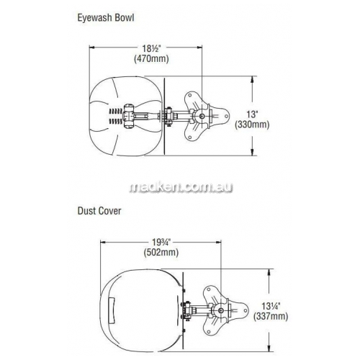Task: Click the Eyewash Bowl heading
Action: click(106, 18)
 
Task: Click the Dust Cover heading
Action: click(99, 211)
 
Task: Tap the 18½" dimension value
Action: click(151, 48)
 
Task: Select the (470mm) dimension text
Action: click(151, 58)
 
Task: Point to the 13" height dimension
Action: click(252, 114)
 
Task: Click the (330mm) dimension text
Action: click(252, 125)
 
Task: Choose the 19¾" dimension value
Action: click(161, 242)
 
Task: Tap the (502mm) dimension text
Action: click(161, 252)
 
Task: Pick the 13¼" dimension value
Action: click(271, 306)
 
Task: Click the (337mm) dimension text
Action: click(271, 316)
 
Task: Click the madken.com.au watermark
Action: click(181, 187)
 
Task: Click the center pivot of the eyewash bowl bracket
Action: click(202, 116)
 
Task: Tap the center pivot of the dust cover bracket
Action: click(220, 310)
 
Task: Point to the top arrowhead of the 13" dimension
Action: click(252, 79)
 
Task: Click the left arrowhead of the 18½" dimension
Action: click(92, 48)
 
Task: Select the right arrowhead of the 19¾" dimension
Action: click(217, 242)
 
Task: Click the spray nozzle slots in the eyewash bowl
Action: click(116, 116)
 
